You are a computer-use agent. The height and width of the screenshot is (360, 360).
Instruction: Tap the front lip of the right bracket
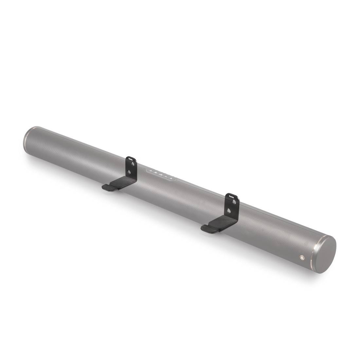click(207, 229)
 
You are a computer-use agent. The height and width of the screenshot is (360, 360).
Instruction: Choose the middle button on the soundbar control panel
click(160, 174)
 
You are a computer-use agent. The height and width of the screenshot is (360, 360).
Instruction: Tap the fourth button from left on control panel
click(166, 176)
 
